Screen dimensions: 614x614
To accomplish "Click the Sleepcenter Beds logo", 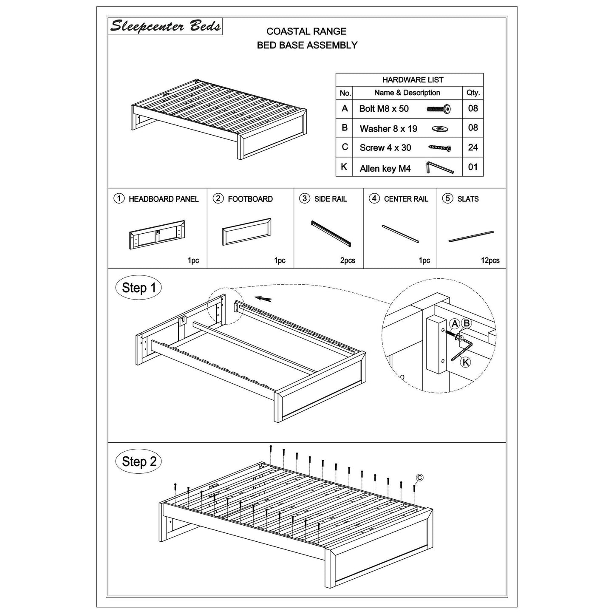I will (x=165, y=26).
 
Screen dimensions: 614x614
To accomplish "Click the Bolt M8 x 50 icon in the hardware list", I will (x=439, y=109).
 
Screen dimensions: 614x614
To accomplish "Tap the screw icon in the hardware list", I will (x=439, y=148).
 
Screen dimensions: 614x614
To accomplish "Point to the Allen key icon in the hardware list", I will (x=439, y=168).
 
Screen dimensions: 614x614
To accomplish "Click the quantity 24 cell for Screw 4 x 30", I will (x=473, y=147).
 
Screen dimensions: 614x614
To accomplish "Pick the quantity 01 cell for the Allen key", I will (x=473, y=167).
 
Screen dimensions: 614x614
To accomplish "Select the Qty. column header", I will (x=473, y=93).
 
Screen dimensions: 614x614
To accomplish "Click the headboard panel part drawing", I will (x=157, y=235).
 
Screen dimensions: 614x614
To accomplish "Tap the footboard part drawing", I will (x=246, y=232).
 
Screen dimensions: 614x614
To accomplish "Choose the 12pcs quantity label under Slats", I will (x=490, y=260).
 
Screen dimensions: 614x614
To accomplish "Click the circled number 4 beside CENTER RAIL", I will (x=374, y=198).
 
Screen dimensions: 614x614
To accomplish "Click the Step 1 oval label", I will (x=139, y=288).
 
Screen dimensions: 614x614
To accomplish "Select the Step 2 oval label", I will (x=139, y=461).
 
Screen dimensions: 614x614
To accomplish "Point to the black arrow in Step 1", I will (x=263, y=300).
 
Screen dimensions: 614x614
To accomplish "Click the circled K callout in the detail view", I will (x=466, y=362).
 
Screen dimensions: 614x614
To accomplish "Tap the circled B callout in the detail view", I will (x=467, y=323).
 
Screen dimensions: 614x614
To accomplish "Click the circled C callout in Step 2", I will (x=419, y=478).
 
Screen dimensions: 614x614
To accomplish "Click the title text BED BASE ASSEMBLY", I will (x=307, y=45).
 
